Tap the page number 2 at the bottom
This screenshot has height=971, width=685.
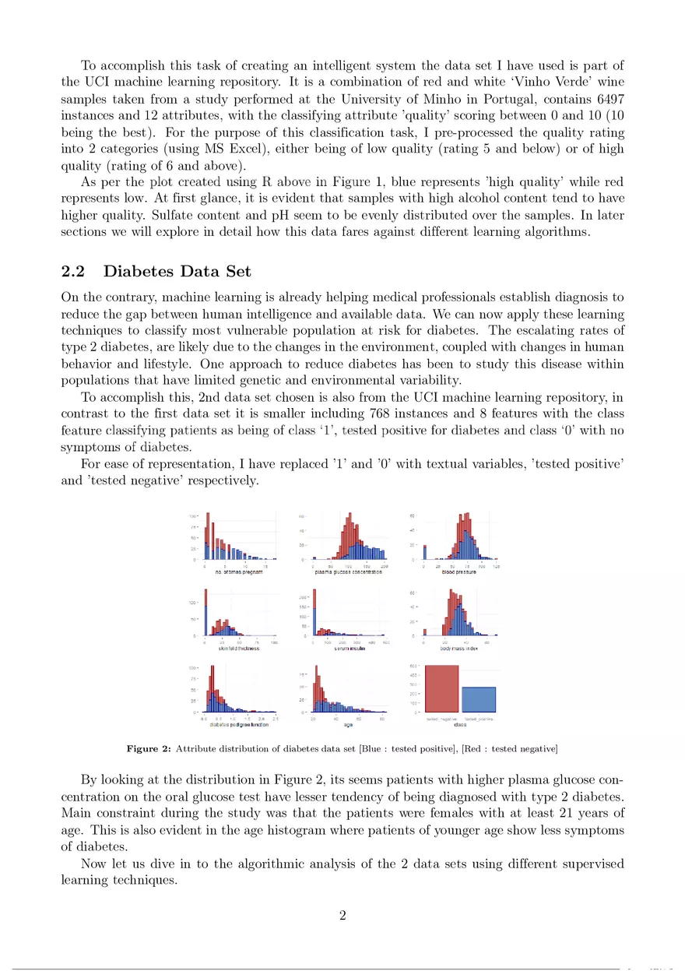click(342, 915)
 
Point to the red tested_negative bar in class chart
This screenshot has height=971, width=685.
click(441, 688)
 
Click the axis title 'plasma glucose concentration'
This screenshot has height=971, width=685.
click(348, 572)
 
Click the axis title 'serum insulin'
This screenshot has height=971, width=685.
click(350, 649)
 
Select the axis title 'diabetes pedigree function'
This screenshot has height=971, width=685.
click(239, 725)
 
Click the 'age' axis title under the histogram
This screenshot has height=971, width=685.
click(349, 725)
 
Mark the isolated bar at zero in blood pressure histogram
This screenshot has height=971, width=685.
click(424, 552)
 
